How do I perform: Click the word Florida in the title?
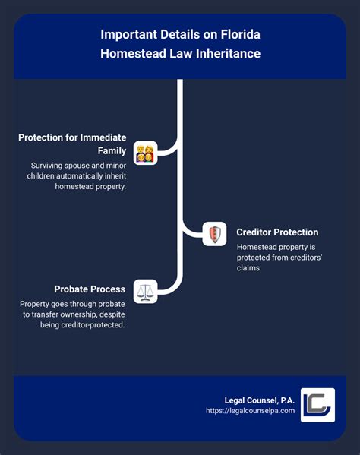pyautogui.click(x=241, y=36)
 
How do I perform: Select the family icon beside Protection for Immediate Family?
pyautogui.click(x=145, y=153)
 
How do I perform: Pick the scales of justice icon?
pyautogui.click(x=145, y=291)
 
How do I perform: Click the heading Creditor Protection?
pyautogui.click(x=276, y=232)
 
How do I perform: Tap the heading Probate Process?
pyautogui.click(x=90, y=289)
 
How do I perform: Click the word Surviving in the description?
pyautogui.click(x=52, y=165)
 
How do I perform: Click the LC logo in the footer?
pyautogui.click(x=316, y=404)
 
